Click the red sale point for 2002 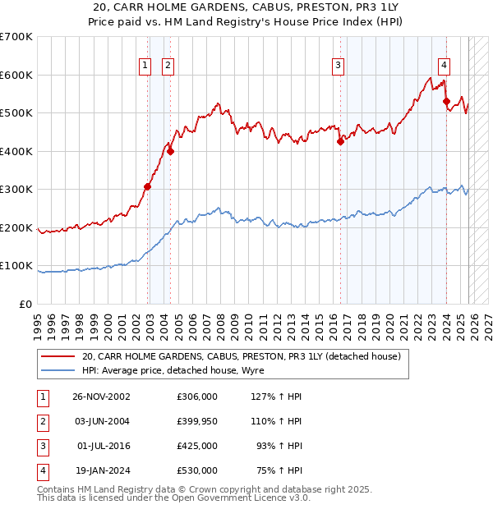tap(148, 186)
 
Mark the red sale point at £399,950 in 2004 tap(170, 151)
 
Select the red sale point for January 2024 tap(446, 102)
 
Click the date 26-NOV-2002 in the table tap(101, 397)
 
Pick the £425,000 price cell tap(197, 446)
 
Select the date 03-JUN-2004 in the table tap(101, 421)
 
